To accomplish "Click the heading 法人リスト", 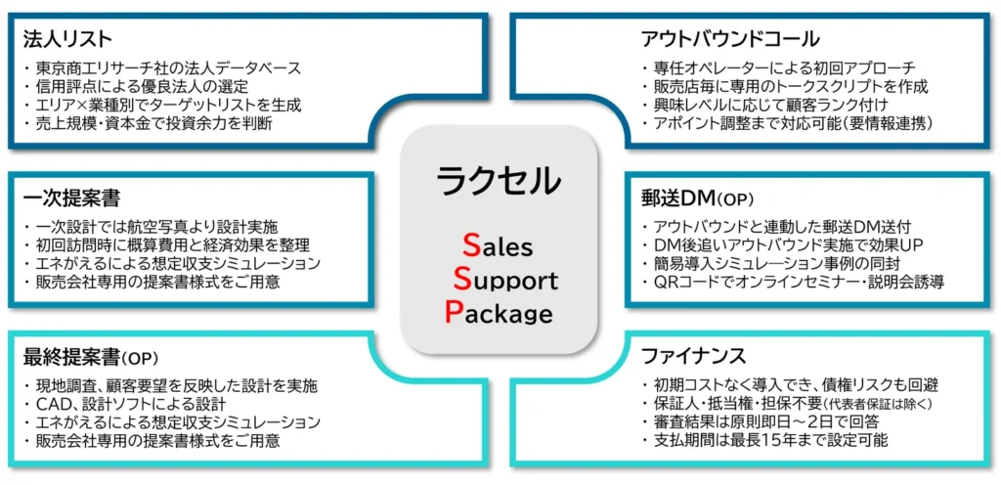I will [67, 39].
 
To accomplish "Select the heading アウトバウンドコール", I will [729, 39].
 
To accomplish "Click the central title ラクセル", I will [499, 179].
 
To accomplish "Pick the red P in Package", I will [454, 312].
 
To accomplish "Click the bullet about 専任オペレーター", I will [783, 68].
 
